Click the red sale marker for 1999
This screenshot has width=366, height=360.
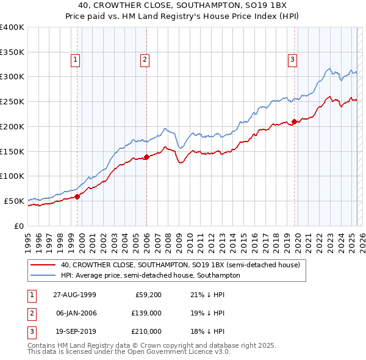[x=78, y=196]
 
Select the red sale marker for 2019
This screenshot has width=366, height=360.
[x=294, y=121]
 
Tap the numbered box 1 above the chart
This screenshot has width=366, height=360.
[x=75, y=60]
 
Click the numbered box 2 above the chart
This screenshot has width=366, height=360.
[x=145, y=60]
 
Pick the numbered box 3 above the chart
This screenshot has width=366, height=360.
[x=293, y=60]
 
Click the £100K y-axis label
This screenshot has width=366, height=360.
[x=12, y=176]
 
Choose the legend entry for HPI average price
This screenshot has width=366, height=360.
[x=150, y=276]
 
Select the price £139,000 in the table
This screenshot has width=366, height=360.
[x=147, y=313]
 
